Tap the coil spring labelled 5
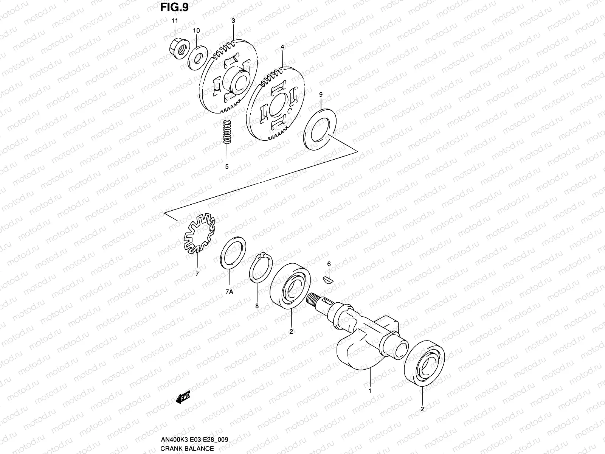click(227, 132)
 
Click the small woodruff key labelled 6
click(329, 280)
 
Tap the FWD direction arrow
click(183, 398)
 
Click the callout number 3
click(233, 21)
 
